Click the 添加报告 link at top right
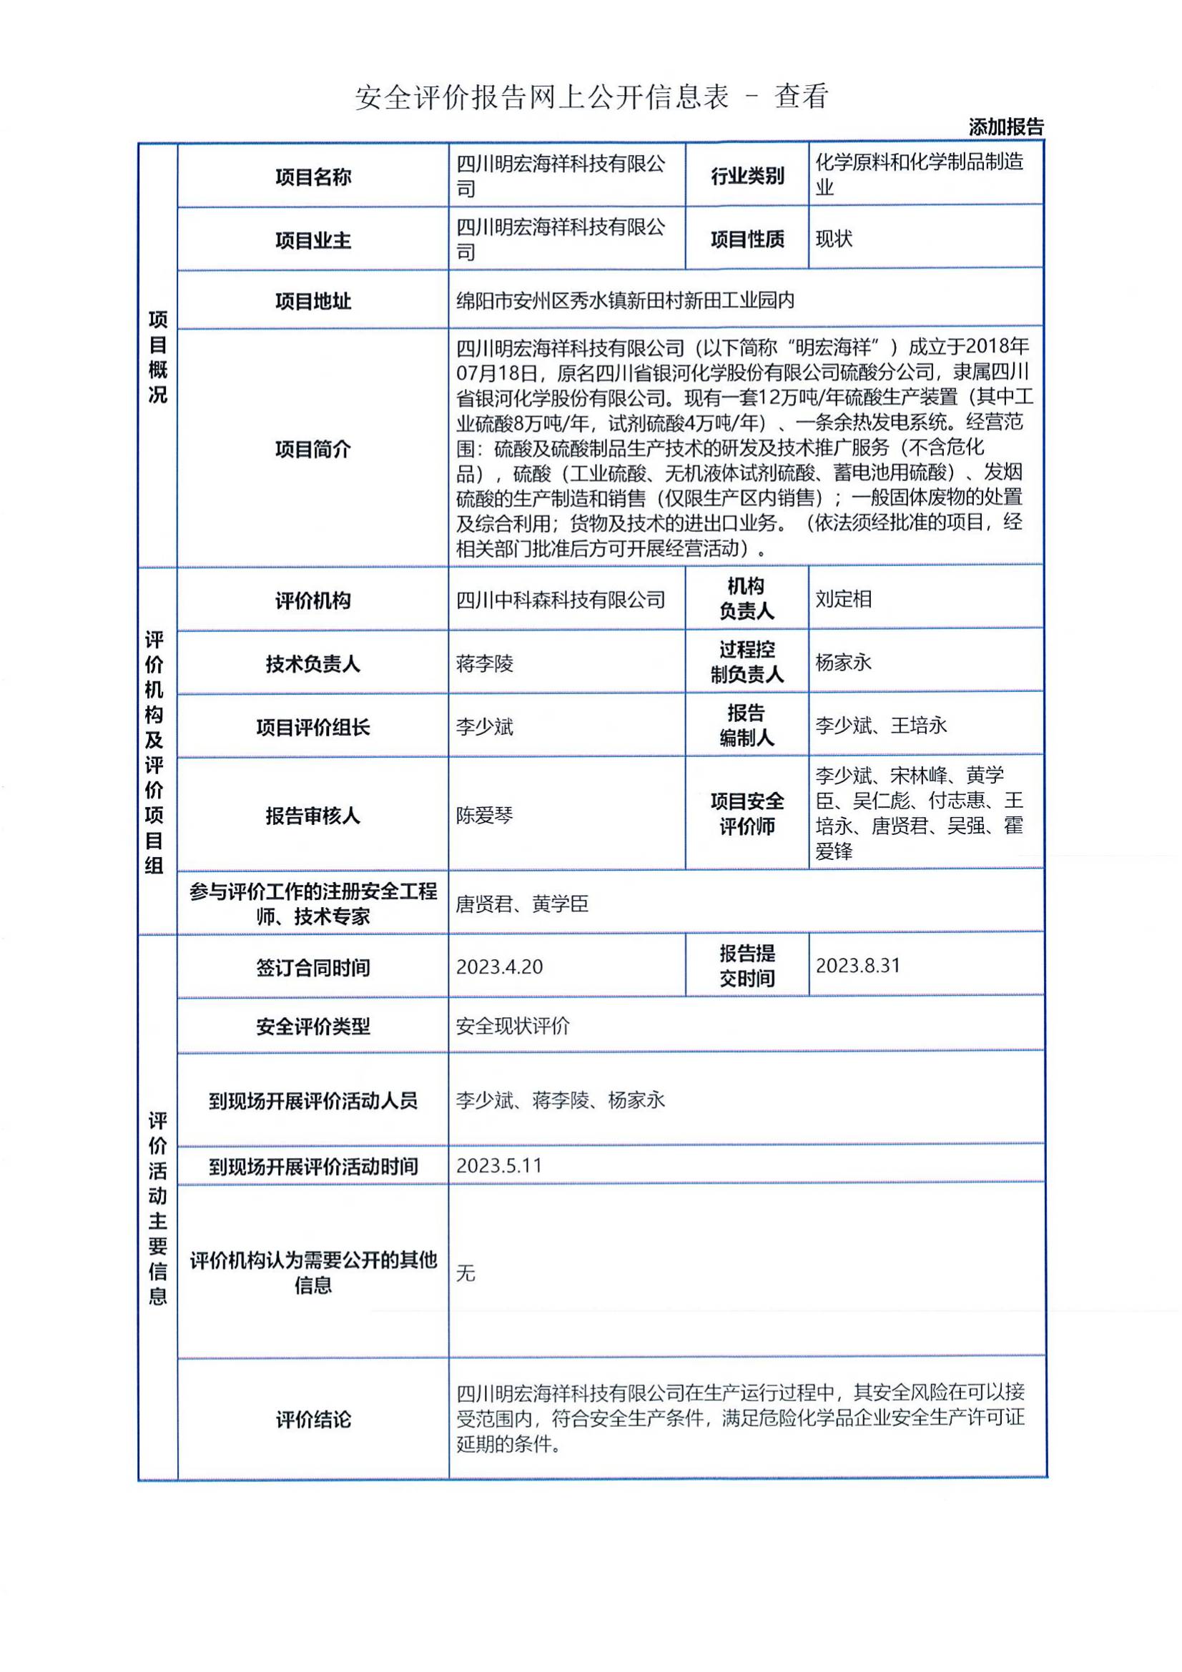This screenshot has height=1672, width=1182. tap(1005, 127)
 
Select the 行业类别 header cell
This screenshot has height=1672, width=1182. tap(747, 176)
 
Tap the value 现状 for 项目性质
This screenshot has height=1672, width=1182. tap(833, 239)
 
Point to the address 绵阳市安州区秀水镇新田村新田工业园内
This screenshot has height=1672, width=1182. tap(625, 300)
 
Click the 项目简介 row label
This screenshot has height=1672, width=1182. tap(312, 449)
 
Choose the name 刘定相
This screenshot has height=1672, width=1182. tap(843, 598)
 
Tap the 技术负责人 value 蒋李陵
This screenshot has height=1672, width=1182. tap(484, 663)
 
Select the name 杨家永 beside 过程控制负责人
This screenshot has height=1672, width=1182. tap(843, 662)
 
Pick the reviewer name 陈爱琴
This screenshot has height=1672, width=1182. tap(484, 815)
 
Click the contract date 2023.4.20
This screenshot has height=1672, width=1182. tap(499, 966)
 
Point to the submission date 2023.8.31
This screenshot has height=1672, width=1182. tap(857, 966)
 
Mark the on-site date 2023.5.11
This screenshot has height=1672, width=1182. tap(499, 1165)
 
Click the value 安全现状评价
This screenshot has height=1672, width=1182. tap(513, 1026)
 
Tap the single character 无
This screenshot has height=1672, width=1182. tap(466, 1272)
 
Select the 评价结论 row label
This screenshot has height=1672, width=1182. tap(312, 1420)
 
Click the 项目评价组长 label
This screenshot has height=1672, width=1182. tap(312, 727)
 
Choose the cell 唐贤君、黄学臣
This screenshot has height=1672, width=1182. tap(521, 904)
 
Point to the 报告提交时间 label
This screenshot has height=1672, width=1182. tap(747, 966)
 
